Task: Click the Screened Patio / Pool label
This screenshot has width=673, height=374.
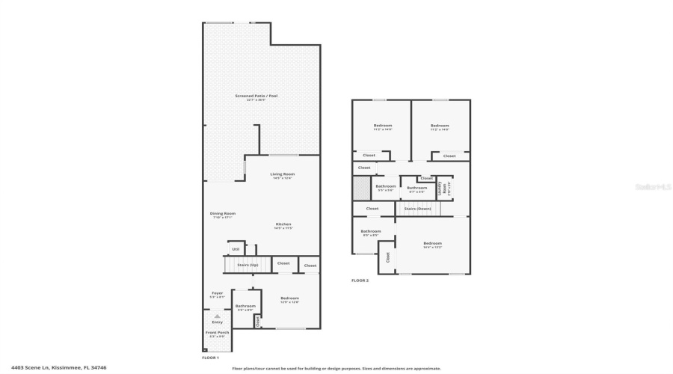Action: [x=256, y=96]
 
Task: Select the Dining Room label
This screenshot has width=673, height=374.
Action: [x=222, y=214]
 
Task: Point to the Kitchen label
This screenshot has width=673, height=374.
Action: [x=283, y=225]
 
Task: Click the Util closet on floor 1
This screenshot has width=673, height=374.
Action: [x=236, y=249]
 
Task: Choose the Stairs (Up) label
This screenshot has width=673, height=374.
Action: [x=248, y=265]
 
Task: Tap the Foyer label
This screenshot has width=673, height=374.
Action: [x=218, y=294]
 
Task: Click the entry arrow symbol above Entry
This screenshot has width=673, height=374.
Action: [x=218, y=316]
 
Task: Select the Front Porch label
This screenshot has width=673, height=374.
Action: [x=218, y=333]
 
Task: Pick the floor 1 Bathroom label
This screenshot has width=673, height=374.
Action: [x=245, y=306]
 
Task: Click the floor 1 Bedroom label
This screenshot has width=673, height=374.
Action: [x=289, y=298]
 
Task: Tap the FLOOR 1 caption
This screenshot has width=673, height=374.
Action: [x=210, y=358]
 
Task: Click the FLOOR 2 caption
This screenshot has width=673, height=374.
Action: [x=360, y=280]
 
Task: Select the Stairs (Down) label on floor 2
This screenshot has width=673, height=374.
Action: [x=417, y=209]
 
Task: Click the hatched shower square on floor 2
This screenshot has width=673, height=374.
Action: [x=362, y=188]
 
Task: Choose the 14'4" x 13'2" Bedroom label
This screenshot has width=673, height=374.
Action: [x=432, y=244]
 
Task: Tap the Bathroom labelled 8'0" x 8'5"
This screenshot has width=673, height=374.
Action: [x=371, y=232]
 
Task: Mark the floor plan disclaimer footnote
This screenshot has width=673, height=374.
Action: [x=336, y=368]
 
